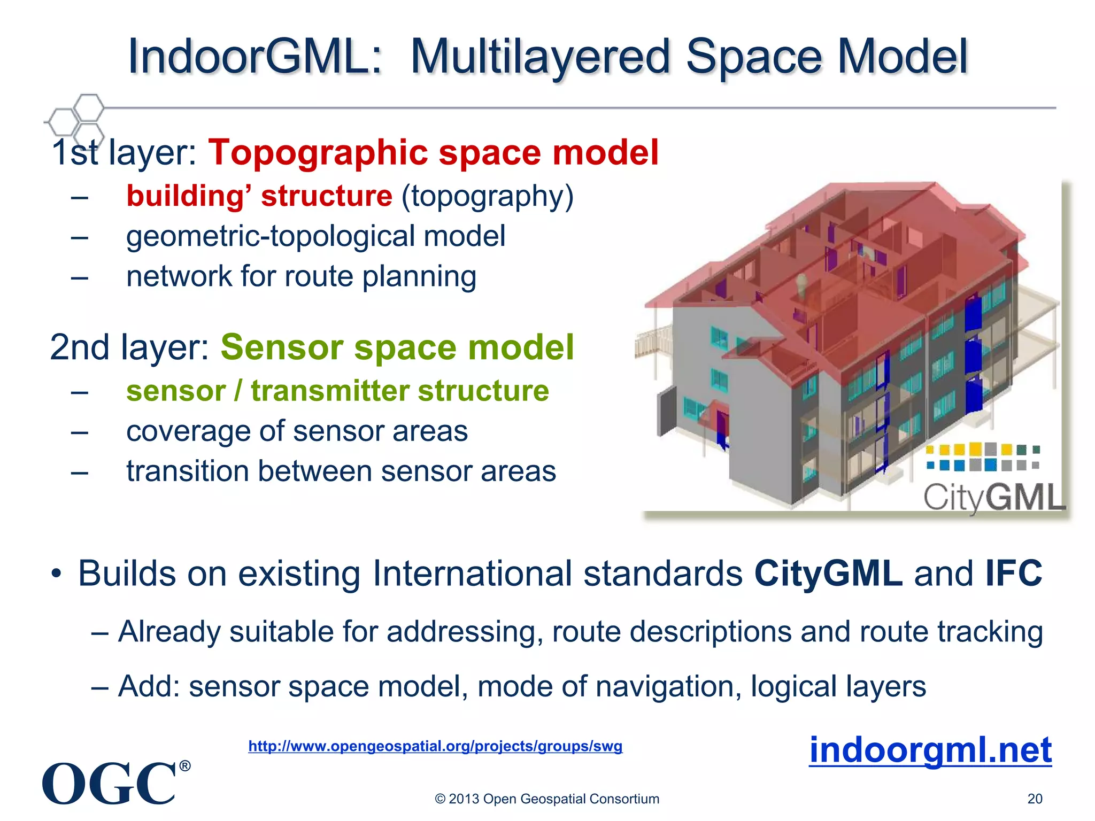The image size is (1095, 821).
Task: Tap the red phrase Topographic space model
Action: coord(433,152)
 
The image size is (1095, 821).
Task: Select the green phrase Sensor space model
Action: coord(397,347)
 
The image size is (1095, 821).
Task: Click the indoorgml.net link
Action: coord(930,750)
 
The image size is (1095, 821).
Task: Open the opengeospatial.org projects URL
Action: coord(435,746)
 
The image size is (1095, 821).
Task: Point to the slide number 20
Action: coord(1035,799)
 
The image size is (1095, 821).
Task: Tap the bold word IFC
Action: coord(1014,574)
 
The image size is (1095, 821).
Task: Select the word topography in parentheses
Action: coord(487,196)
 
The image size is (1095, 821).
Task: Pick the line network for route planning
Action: coord(301,277)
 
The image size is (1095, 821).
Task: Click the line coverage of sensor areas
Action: coord(297,431)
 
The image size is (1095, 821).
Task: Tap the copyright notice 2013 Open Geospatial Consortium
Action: coord(547,799)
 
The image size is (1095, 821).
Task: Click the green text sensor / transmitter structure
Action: coord(337,391)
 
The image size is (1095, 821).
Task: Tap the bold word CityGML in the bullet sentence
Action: coord(828,574)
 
